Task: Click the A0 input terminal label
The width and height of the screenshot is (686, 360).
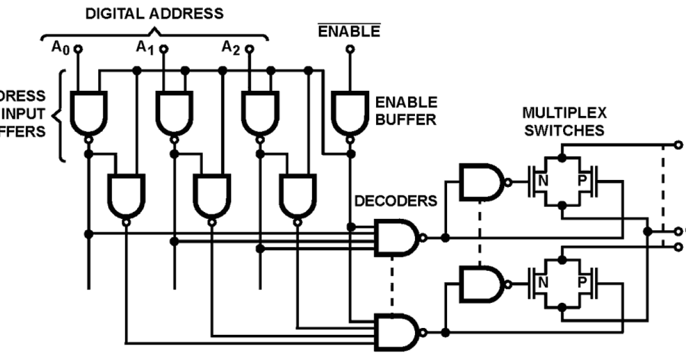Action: (x=60, y=47)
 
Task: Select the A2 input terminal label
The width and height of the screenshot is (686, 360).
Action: (x=230, y=47)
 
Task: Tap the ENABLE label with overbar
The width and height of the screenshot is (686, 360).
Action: (x=349, y=31)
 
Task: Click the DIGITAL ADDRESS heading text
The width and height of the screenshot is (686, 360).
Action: (x=154, y=13)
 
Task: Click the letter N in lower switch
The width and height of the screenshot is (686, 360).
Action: (x=542, y=283)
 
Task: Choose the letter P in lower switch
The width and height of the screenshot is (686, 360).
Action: (x=583, y=283)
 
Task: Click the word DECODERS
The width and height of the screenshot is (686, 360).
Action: (x=396, y=201)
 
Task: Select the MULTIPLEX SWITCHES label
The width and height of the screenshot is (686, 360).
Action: (x=564, y=121)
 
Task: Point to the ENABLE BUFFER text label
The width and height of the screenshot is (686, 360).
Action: (x=406, y=111)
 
